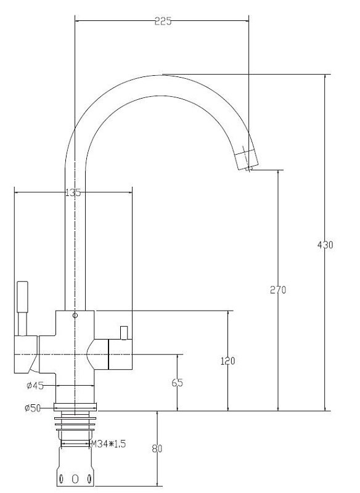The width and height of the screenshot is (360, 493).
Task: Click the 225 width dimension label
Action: click(x=163, y=22)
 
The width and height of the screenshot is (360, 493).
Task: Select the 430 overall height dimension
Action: click(x=325, y=245)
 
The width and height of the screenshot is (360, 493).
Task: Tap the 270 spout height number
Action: click(x=278, y=290)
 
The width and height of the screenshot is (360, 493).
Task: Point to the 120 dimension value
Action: click(x=227, y=361)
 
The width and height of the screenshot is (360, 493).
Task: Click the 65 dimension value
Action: click(x=178, y=383)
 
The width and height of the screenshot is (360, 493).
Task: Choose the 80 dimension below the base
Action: click(x=157, y=449)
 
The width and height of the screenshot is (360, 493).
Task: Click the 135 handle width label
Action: click(x=73, y=192)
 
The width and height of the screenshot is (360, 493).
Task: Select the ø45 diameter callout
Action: click(x=35, y=386)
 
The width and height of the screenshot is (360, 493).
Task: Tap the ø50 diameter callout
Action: click(x=33, y=408)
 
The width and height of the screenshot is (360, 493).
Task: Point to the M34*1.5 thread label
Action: click(x=108, y=444)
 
